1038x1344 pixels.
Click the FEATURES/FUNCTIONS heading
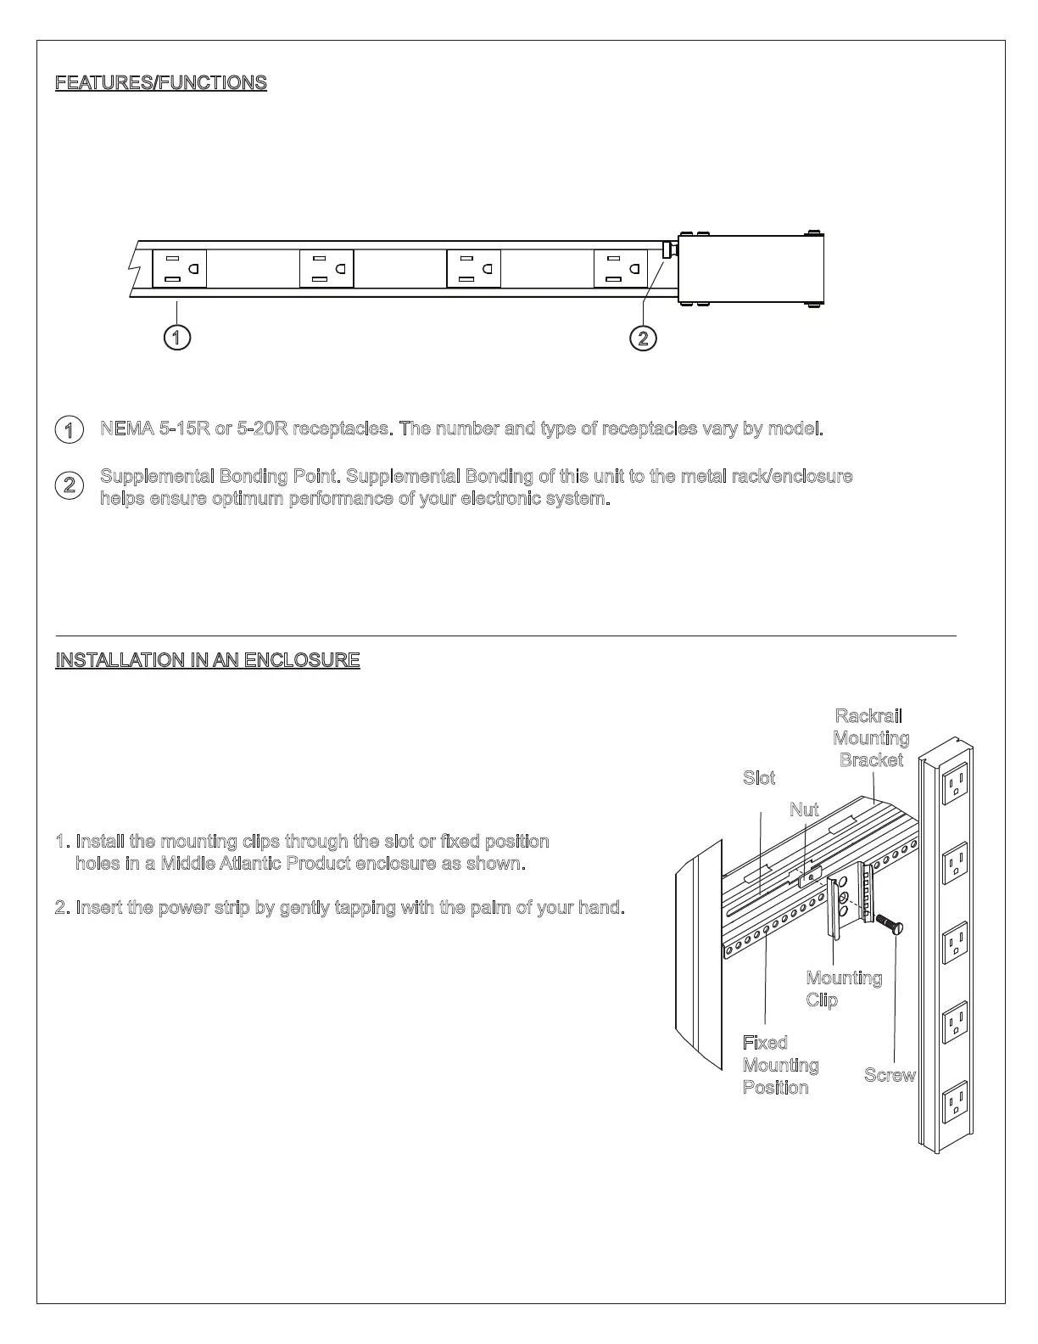(x=161, y=82)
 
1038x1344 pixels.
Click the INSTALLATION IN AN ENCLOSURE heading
(x=208, y=659)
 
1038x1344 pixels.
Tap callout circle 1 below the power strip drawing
(x=176, y=338)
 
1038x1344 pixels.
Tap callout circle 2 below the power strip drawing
(x=644, y=338)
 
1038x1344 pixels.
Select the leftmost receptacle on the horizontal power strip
(x=179, y=269)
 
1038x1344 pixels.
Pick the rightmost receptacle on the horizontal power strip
(x=621, y=269)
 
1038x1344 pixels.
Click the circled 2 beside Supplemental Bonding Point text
(x=70, y=486)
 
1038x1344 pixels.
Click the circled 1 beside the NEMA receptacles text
(x=70, y=429)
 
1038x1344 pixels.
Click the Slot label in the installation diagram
(x=759, y=778)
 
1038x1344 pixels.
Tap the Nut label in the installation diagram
(x=804, y=809)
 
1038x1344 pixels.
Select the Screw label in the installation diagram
(x=890, y=1075)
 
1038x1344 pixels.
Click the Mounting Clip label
(x=843, y=989)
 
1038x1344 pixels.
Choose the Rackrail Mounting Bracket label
(x=871, y=738)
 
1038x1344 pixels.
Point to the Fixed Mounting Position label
(x=780, y=1065)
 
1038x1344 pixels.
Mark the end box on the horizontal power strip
(x=751, y=269)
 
